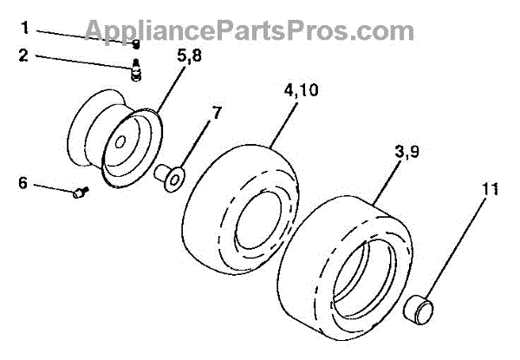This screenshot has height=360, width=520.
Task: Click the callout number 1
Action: coord(24,28)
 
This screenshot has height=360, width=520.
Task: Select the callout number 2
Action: coord(24,56)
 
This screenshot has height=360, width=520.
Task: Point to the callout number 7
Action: coord(217,113)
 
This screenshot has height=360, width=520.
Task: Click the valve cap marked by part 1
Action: coord(136,44)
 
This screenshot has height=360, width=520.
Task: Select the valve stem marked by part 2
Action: coord(136,69)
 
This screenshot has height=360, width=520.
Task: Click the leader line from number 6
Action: coord(52,188)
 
